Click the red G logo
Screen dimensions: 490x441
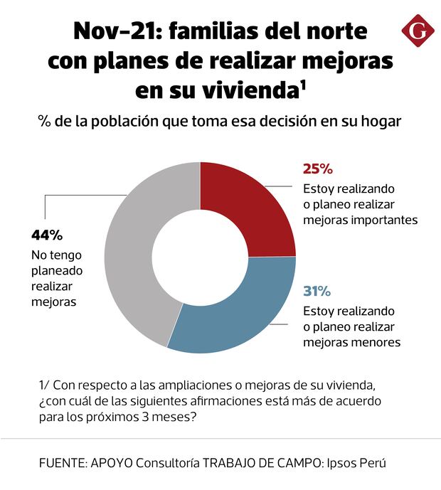[x=415, y=31]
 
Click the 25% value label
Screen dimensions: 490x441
[x=318, y=169]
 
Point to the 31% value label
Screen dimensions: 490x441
[x=317, y=292]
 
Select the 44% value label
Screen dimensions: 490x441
[x=47, y=235]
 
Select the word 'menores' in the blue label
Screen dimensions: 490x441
[x=373, y=341]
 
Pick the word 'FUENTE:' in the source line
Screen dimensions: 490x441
[x=63, y=462]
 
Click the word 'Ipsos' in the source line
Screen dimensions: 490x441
[x=342, y=462]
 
